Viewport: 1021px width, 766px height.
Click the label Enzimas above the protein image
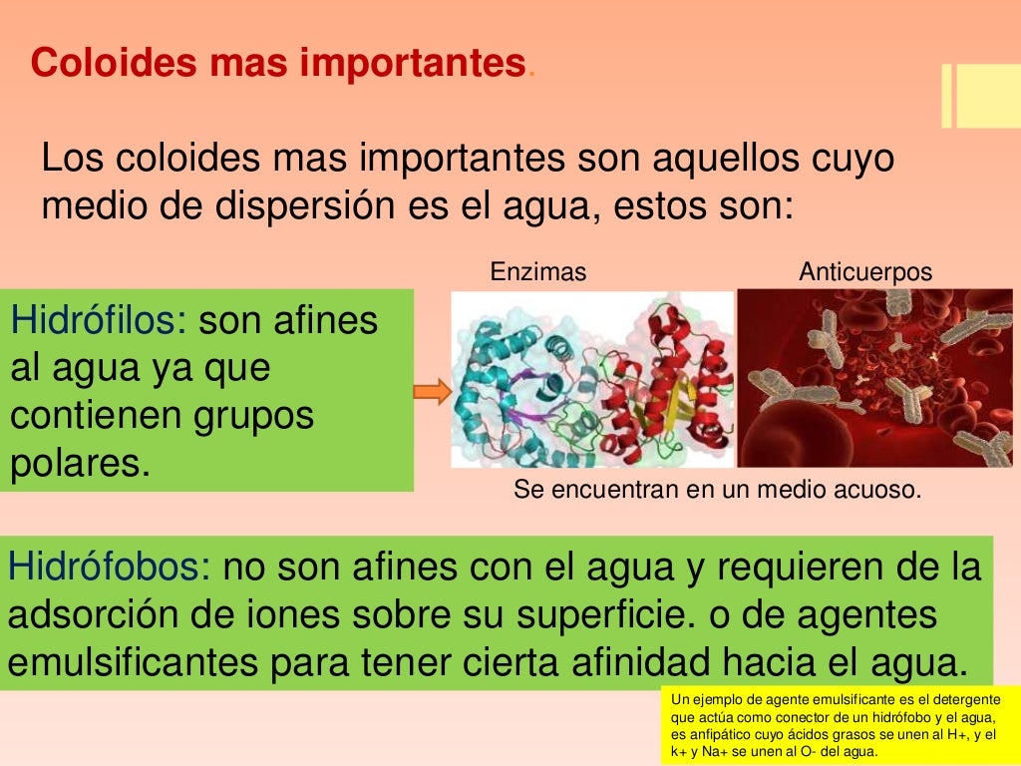point(538,271)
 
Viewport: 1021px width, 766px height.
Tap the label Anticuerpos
point(865,271)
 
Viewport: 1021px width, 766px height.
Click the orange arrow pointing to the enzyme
point(432,392)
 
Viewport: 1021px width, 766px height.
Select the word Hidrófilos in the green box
point(98,321)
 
